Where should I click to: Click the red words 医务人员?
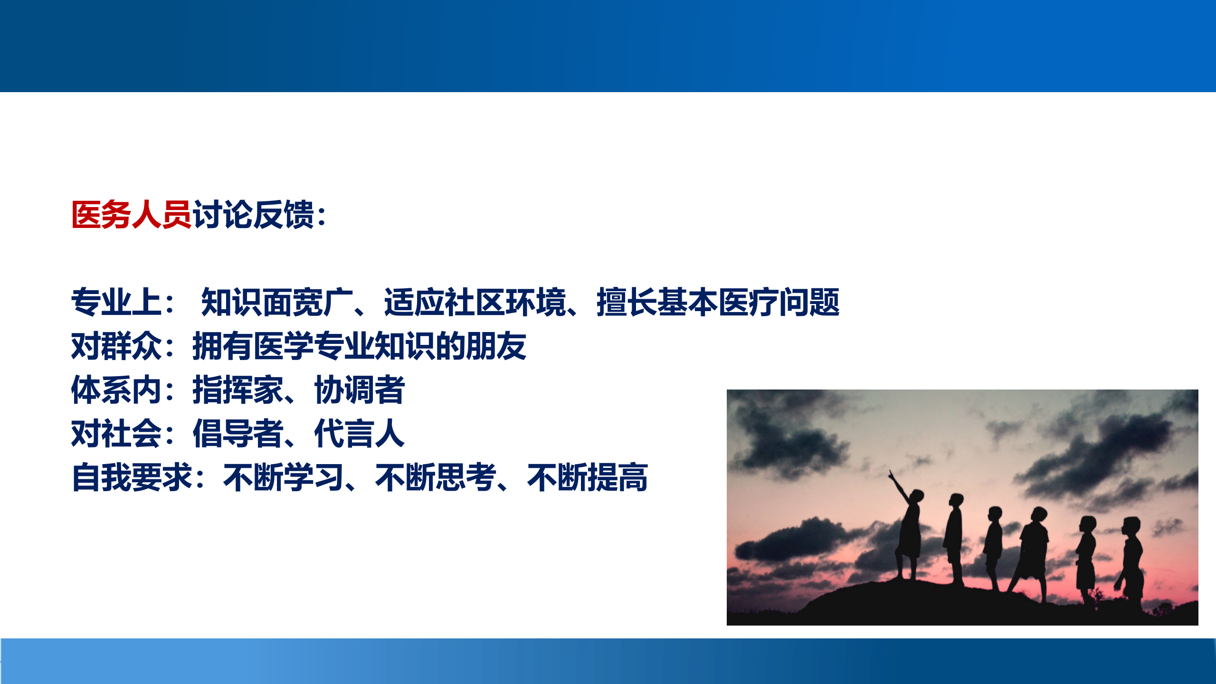pos(131,215)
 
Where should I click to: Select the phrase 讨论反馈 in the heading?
pos(253,215)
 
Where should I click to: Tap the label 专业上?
pos(116,302)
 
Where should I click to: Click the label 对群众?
pos(116,346)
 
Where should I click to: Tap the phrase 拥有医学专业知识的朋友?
pos(360,346)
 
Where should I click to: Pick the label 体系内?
pos(116,389)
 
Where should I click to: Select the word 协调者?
pos(360,389)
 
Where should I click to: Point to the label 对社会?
pos(116,433)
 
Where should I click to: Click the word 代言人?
pos(360,433)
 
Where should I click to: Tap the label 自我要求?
pos(132,477)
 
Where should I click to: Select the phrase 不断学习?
pos(283,477)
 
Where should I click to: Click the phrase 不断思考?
pos(435,477)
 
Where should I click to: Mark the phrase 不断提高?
pos(587,477)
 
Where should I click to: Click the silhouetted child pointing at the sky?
pos(910,532)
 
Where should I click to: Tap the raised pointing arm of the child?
pos(899,484)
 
